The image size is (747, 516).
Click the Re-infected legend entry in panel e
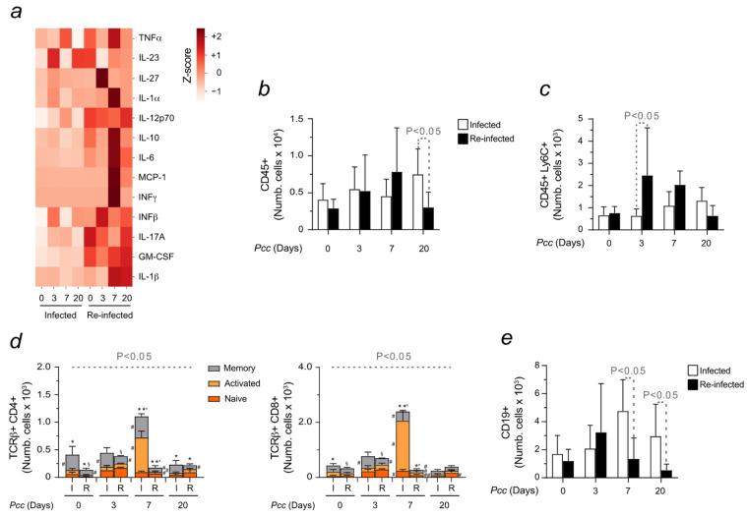[x=710, y=383]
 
